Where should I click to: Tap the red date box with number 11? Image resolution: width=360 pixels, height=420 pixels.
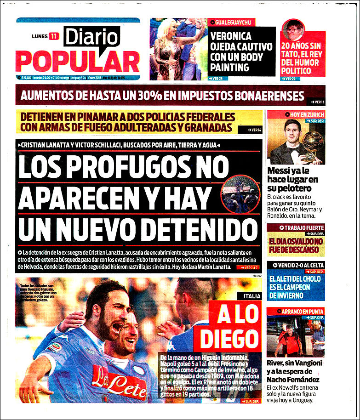click(54, 36)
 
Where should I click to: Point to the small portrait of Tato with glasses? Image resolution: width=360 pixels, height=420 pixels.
click(293, 30)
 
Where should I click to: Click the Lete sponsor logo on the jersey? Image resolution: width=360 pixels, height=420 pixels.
click(121, 381)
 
